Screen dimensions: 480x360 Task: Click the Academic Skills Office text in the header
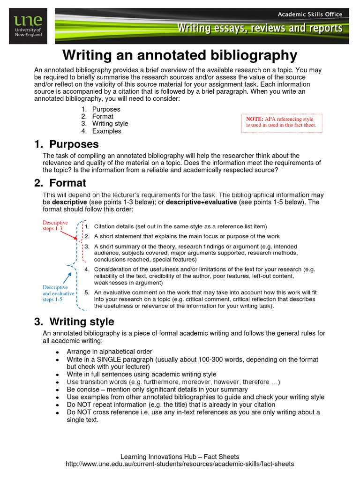pos(309,15)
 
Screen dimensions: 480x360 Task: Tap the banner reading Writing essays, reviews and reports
pos(259,29)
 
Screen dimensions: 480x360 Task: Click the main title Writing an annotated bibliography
pos(180,55)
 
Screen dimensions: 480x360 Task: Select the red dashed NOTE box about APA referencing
pos(281,122)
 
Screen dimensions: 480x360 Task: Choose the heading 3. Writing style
pos(74,322)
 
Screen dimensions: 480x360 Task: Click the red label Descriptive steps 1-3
pos(55,225)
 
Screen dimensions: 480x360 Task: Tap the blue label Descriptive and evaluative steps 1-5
pos(58,293)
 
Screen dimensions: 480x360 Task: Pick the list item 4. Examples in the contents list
pos(106,131)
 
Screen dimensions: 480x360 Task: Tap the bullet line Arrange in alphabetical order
pos(109,352)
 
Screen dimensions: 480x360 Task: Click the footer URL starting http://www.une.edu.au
pos(180,464)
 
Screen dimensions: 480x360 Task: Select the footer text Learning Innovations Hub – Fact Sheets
pos(180,457)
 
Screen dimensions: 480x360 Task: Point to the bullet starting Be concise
pos(157,390)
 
